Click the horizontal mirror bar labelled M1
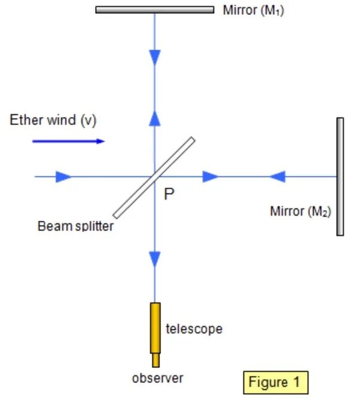[x=154, y=10]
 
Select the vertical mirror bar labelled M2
[x=340, y=176]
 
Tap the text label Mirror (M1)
[x=253, y=10]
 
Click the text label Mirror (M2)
[x=301, y=211]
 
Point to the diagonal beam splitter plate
[x=154, y=177]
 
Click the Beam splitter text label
[x=75, y=226]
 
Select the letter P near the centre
[x=169, y=194]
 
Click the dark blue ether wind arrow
[x=68, y=141]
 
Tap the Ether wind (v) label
[x=53, y=120]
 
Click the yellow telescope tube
[x=155, y=328]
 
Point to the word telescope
[x=194, y=329]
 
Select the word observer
[x=158, y=377]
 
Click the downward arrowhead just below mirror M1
[x=155, y=57]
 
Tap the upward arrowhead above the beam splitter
[x=155, y=118]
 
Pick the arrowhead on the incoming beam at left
[x=63, y=177]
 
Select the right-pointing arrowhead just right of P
[x=210, y=177]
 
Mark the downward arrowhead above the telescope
[x=155, y=259]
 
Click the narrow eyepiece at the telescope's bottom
[x=155, y=360]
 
